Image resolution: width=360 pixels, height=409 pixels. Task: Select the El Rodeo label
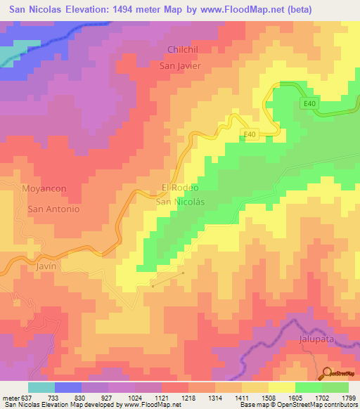pyautogui.click(x=181, y=188)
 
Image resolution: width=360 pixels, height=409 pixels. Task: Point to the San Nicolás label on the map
pyautogui.click(x=179, y=201)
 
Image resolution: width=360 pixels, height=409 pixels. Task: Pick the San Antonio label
pyautogui.click(x=53, y=209)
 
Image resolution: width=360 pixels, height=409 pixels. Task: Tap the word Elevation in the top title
pyautogui.click(x=86, y=8)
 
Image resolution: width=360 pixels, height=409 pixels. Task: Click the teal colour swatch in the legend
pyautogui.click(x=41, y=387)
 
